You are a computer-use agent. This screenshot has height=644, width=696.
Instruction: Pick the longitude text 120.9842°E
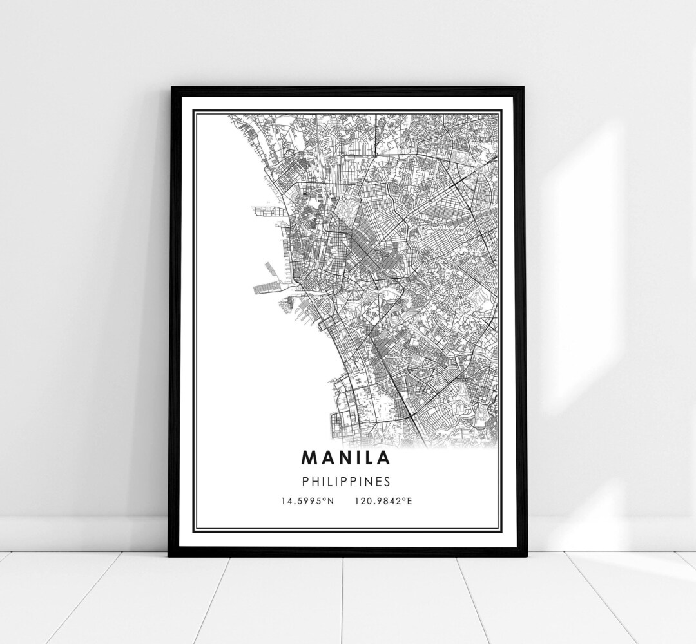point(382,501)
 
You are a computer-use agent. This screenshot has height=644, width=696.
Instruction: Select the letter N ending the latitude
point(330,501)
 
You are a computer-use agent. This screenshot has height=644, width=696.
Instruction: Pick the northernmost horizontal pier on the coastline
point(264,209)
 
